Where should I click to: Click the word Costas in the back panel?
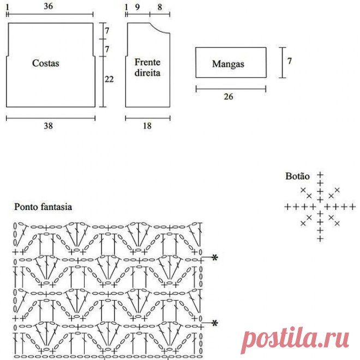click(46, 63)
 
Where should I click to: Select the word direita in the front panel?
click(147, 72)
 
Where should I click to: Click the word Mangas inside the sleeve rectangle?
click(228, 64)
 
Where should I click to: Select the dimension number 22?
click(109, 80)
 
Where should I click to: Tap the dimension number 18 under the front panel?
click(148, 125)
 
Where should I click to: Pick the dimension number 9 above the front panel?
click(137, 7)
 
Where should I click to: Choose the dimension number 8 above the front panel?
click(159, 7)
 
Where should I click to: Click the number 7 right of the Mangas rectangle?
click(290, 62)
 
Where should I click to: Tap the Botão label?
click(297, 176)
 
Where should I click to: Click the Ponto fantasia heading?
click(43, 207)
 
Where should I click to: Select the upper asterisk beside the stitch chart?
click(215, 257)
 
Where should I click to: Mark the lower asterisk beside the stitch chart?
click(215, 323)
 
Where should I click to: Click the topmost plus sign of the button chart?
click(320, 176)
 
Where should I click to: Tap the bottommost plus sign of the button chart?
click(320, 238)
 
